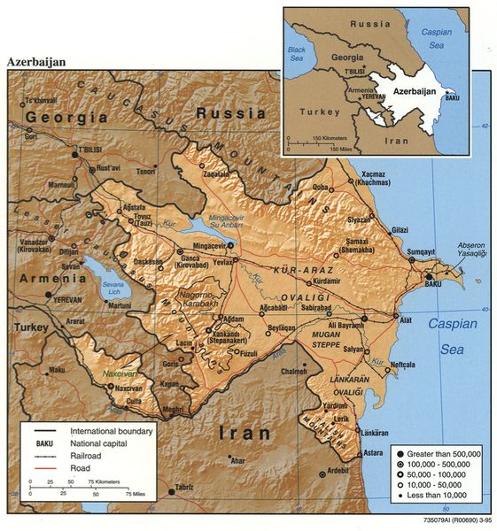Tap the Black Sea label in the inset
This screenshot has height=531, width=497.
296,52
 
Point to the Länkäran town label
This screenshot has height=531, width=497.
376,432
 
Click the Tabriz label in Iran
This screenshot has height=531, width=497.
184,488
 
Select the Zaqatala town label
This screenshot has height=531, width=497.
215,173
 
